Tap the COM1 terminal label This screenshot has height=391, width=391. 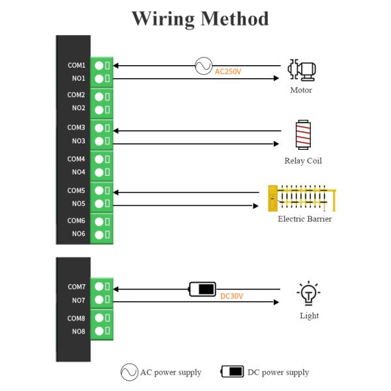(x=76, y=65)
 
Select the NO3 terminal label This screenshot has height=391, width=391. (x=78, y=141)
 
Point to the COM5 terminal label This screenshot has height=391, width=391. (x=76, y=190)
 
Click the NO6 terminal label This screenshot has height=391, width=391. (x=78, y=233)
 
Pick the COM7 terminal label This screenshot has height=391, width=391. (x=76, y=287)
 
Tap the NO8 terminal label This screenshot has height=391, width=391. (x=78, y=331)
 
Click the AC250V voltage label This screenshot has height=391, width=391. (x=228, y=72)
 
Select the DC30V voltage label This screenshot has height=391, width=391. (x=231, y=297)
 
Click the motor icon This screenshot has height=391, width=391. (x=301, y=70)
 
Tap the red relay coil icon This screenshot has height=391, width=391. (x=303, y=135)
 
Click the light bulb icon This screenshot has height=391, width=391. (x=308, y=294)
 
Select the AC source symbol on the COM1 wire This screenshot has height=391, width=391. (x=203, y=65)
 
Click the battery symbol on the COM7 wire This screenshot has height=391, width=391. (x=203, y=289)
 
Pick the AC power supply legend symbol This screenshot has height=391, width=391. (x=129, y=372)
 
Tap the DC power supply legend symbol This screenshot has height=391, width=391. (x=233, y=372)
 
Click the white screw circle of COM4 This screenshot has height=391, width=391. (x=99, y=159)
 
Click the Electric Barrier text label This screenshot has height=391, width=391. (x=304, y=219)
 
